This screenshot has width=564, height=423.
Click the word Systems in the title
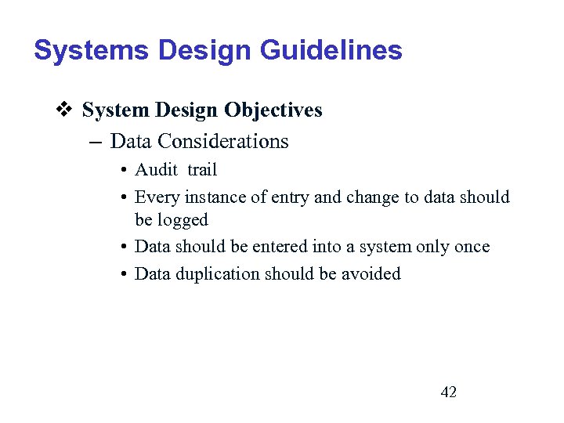(92, 51)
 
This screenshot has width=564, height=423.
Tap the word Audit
(157, 170)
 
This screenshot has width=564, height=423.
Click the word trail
(202, 170)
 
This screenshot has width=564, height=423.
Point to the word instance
(211, 197)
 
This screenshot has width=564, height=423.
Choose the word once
(472, 247)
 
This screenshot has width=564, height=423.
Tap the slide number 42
(449, 392)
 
